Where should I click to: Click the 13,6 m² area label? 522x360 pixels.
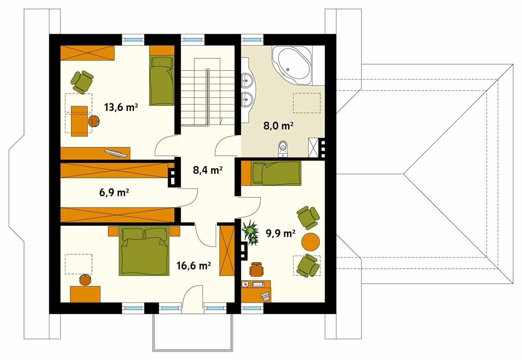[x=121, y=107]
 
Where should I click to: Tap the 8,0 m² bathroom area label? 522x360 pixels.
[x=278, y=126]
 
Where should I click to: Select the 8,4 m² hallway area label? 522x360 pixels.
[x=207, y=170]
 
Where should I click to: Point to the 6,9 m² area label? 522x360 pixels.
[x=114, y=193]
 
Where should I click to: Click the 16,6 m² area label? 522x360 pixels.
[x=194, y=265]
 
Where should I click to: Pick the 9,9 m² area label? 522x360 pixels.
[x=281, y=233]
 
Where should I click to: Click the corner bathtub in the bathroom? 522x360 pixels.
[x=292, y=65]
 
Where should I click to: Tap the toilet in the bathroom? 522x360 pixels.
[x=283, y=149]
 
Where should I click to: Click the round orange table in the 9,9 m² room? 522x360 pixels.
[x=310, y=242]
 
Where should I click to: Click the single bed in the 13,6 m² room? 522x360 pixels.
[x=162, y=80]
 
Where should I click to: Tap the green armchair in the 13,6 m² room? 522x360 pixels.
[x=82, y=82]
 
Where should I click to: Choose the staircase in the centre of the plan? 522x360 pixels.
[x=207, y=92]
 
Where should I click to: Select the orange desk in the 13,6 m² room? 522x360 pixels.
[x=79, y=121]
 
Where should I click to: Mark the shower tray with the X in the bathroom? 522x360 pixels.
[x=313, y=148]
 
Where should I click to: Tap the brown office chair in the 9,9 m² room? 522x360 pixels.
[x=257, y=269]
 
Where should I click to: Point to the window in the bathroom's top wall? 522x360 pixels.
[x=252, y=39]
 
